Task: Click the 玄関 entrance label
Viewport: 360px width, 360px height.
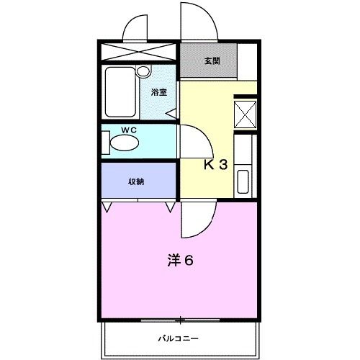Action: pos(212,61)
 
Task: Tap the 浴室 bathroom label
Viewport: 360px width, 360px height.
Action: pos(158,92)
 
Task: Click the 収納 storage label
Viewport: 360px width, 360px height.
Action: pos(136,181)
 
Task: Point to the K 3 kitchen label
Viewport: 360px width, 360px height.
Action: pos(215,164)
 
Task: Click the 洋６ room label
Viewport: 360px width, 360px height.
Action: pos(181,261)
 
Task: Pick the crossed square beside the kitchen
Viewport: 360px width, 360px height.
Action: pos(246,114)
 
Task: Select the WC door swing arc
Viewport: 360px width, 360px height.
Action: pos(192,140)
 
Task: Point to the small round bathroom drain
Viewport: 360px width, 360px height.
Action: pos(143,71)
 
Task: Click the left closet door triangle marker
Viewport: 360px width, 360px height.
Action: pos(107,207)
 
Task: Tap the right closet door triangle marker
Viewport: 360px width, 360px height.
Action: pos(171,207)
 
